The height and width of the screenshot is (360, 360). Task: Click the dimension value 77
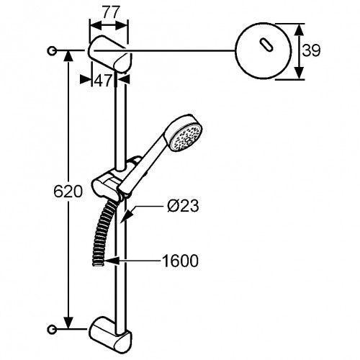click(x=111, y=12)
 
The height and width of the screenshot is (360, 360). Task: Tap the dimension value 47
click(x=103, y=81)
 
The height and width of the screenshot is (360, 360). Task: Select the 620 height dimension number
click(x=68, y=192)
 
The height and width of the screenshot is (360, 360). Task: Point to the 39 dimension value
click(x=311, y=50)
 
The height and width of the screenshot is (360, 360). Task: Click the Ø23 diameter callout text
click(x=183, y=206)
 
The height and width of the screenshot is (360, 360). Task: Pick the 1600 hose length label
click(x=180, y=261)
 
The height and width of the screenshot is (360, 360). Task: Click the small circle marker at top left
click(x=52, y=50)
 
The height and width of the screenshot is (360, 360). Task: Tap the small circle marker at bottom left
click(x=52, y=329)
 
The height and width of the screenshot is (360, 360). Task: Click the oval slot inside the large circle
click(x=266, y=45)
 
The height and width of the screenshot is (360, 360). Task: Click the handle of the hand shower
click(x=144, y=166)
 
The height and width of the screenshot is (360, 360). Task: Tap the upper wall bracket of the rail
click(x=110, y=54)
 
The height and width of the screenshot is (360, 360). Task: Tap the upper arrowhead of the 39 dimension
click(x=298, y=32)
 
